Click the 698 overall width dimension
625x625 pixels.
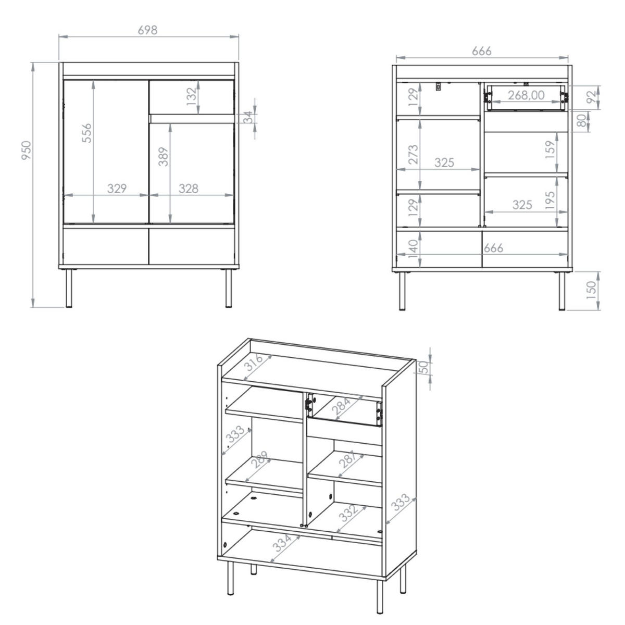point(147,30)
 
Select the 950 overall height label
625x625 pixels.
point(26,150)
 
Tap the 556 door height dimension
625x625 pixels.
point(86,133)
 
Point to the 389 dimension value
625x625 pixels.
point(163,157)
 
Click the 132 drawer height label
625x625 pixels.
point(192,96)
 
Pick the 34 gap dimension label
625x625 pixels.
point(248,117)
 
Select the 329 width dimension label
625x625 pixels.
point(117,189)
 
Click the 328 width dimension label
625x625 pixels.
point(189,189)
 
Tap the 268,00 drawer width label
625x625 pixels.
point(526,95)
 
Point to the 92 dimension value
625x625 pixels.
point(592,97)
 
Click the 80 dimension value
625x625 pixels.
point(582,121)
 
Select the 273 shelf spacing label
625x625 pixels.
point(414,154)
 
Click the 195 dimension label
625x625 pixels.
point(551,201)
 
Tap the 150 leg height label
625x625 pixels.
point(592,290)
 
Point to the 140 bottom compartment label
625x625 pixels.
point(413,249)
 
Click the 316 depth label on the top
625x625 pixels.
point(253,362)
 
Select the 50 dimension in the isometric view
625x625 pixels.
point(424,367)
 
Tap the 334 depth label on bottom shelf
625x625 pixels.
point(282,543)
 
